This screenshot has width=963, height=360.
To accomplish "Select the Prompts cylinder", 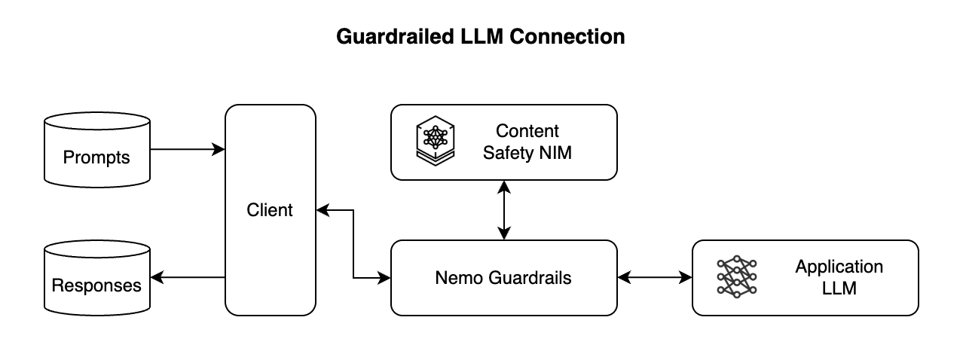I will click(x=97, y=151).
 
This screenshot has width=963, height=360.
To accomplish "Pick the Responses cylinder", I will click(x=97, y=279).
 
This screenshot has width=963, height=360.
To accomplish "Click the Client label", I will click(x=270, y=210).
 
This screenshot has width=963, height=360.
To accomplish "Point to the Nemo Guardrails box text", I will click(x=503, y=278).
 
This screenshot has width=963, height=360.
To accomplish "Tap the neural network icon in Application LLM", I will click(x=736, y=276).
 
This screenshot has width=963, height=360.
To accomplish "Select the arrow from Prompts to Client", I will click(x=188, y=150).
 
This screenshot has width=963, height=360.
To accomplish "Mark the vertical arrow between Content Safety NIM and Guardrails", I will click(x=504, y=210).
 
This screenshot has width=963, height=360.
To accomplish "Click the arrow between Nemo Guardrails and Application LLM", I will click(x=654, y=278).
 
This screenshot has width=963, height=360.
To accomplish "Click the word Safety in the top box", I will click(x=506, y=154).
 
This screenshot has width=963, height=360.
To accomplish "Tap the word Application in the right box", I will click(x=839, y=267).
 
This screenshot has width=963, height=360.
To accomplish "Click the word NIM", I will click(x=555, y=154).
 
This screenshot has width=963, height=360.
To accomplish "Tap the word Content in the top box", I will click(x=527, y=131).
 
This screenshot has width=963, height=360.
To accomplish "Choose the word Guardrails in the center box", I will click(x=527, y=278).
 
